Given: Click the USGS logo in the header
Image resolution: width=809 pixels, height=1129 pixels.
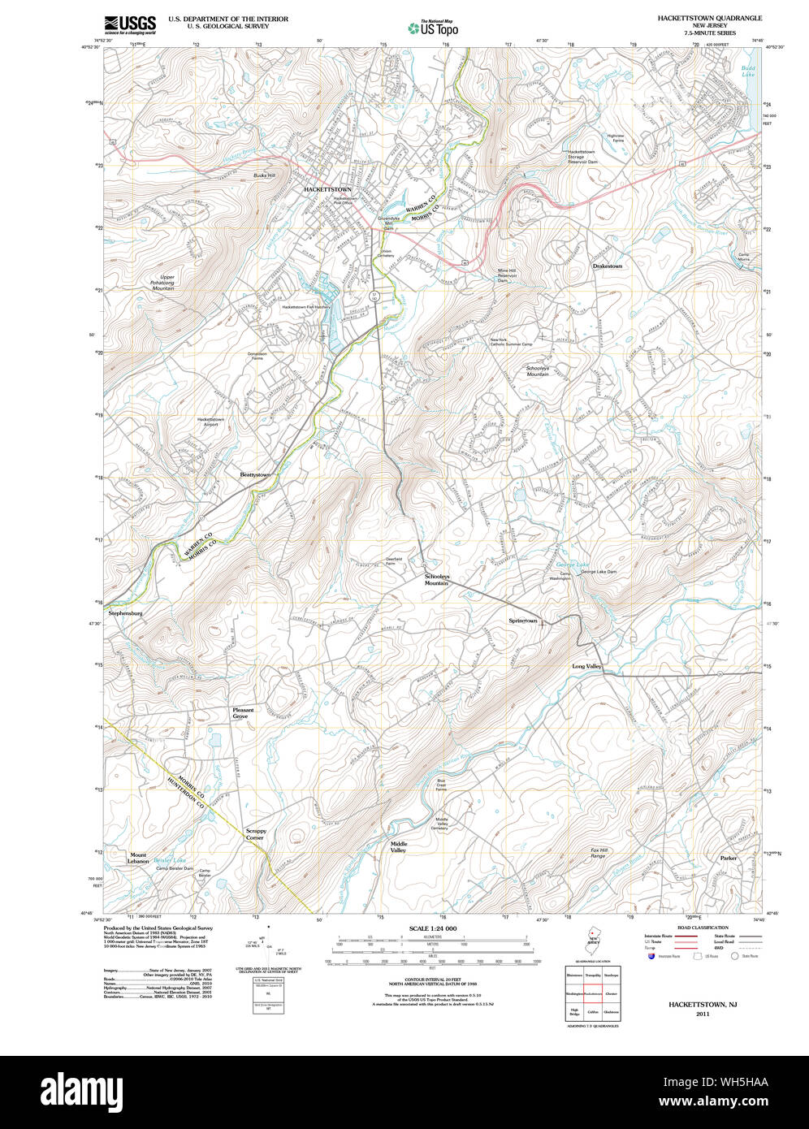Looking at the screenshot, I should [130, 24].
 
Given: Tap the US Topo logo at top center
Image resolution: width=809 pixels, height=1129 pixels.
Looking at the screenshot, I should [434, 28].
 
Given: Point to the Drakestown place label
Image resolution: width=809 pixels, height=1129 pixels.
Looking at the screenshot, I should [608, 266].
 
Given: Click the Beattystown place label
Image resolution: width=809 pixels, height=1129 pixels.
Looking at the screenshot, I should [254, 474].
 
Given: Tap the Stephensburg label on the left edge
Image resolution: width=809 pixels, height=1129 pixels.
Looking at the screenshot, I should [126, 613].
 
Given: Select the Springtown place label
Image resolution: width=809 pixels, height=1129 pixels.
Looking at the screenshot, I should [523, 621].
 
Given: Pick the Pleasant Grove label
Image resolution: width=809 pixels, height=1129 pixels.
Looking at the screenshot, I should [243, 713].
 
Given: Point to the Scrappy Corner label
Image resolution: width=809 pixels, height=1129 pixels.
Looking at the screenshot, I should [256, 834].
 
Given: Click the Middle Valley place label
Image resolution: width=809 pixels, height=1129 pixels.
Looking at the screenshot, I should [399, 847].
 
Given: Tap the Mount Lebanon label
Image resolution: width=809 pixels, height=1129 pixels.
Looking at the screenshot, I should [139, 858].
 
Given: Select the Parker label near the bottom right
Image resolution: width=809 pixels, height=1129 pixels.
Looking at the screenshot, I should [728, 858].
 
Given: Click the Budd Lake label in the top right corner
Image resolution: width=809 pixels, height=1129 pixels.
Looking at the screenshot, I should [748, 71].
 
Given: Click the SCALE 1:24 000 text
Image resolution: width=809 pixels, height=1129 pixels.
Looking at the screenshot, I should [433, 928].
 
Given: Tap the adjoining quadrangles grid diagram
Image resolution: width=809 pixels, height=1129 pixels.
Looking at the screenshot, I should [593, 993].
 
